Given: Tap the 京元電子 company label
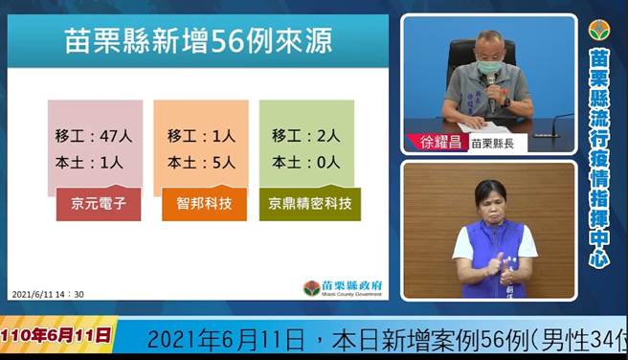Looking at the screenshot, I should click(99, 204).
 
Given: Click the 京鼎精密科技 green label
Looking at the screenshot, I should click(309, 204).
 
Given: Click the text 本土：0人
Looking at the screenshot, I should click(305, 162).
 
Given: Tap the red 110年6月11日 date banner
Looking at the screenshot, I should click(56, 336).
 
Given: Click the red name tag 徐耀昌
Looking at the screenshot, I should click(440, 142).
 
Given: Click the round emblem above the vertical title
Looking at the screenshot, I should click(600, 31).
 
